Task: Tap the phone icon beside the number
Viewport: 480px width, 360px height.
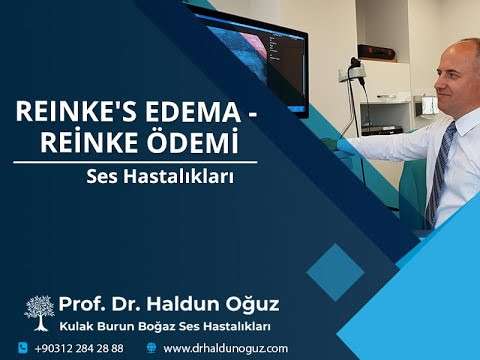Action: coord(22,347)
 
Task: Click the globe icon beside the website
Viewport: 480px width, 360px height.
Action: coord(151,347)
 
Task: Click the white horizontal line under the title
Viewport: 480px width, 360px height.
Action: coord(135,162)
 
